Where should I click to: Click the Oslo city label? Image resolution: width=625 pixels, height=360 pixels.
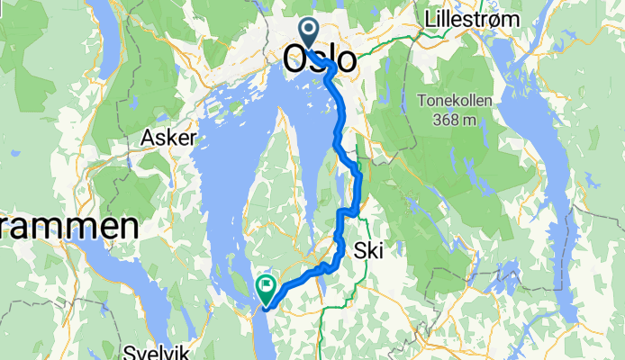(320, 61)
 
